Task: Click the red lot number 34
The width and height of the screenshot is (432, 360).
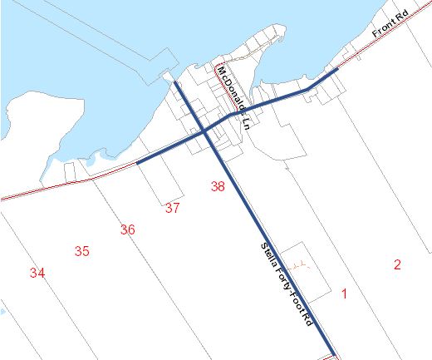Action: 37,272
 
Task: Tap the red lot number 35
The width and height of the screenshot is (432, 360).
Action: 81,251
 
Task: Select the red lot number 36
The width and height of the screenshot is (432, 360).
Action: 127,229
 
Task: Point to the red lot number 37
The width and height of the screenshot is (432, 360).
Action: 172,208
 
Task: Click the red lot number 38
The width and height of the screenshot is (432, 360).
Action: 218,187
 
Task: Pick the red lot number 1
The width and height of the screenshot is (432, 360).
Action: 344,293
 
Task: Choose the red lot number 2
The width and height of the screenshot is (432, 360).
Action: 397,264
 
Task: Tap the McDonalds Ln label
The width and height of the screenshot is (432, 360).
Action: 233,98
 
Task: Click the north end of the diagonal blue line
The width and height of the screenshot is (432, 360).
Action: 177,82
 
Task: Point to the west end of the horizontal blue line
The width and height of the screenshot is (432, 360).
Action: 137,164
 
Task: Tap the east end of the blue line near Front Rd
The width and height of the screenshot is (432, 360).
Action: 336,72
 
